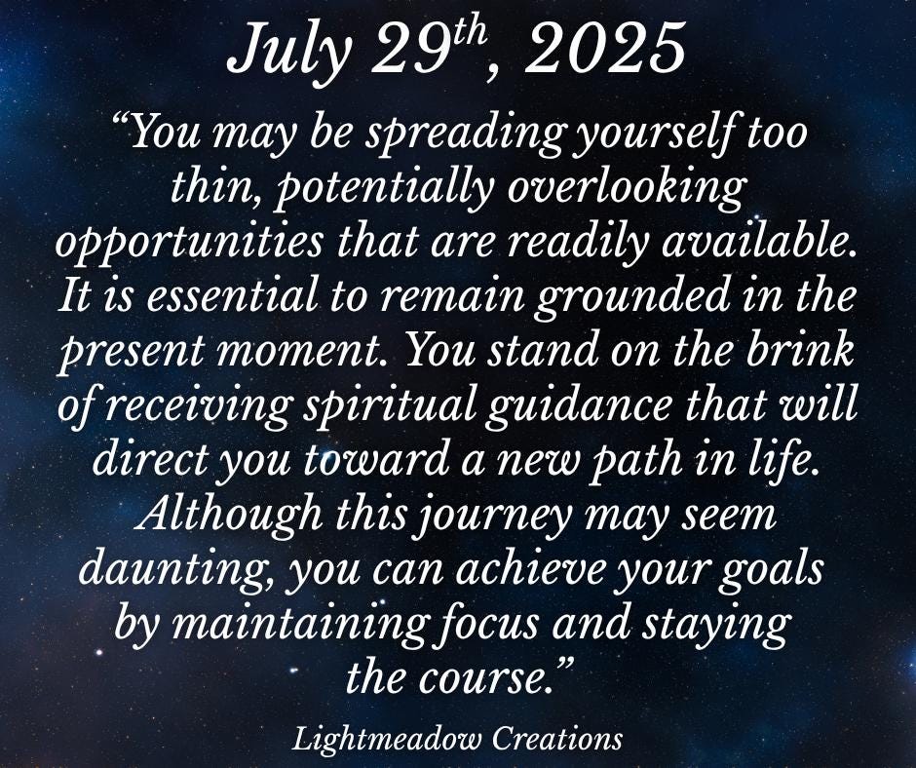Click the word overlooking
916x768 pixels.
click(627, 189)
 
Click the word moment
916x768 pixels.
click(306, 351)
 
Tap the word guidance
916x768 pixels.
click(578, 405)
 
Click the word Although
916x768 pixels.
click(230, 515)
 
